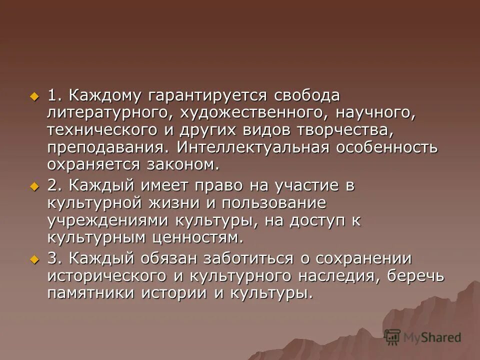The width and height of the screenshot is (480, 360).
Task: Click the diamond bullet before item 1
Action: [x=34, y=95]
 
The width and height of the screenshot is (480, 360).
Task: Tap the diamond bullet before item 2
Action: [x=34, y=186]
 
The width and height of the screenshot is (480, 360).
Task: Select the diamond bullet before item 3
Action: [x=34, y=258]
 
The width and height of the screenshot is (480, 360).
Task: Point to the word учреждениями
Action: [x=107, y=220]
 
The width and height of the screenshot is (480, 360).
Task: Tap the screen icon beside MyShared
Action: [x=392, y=337]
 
